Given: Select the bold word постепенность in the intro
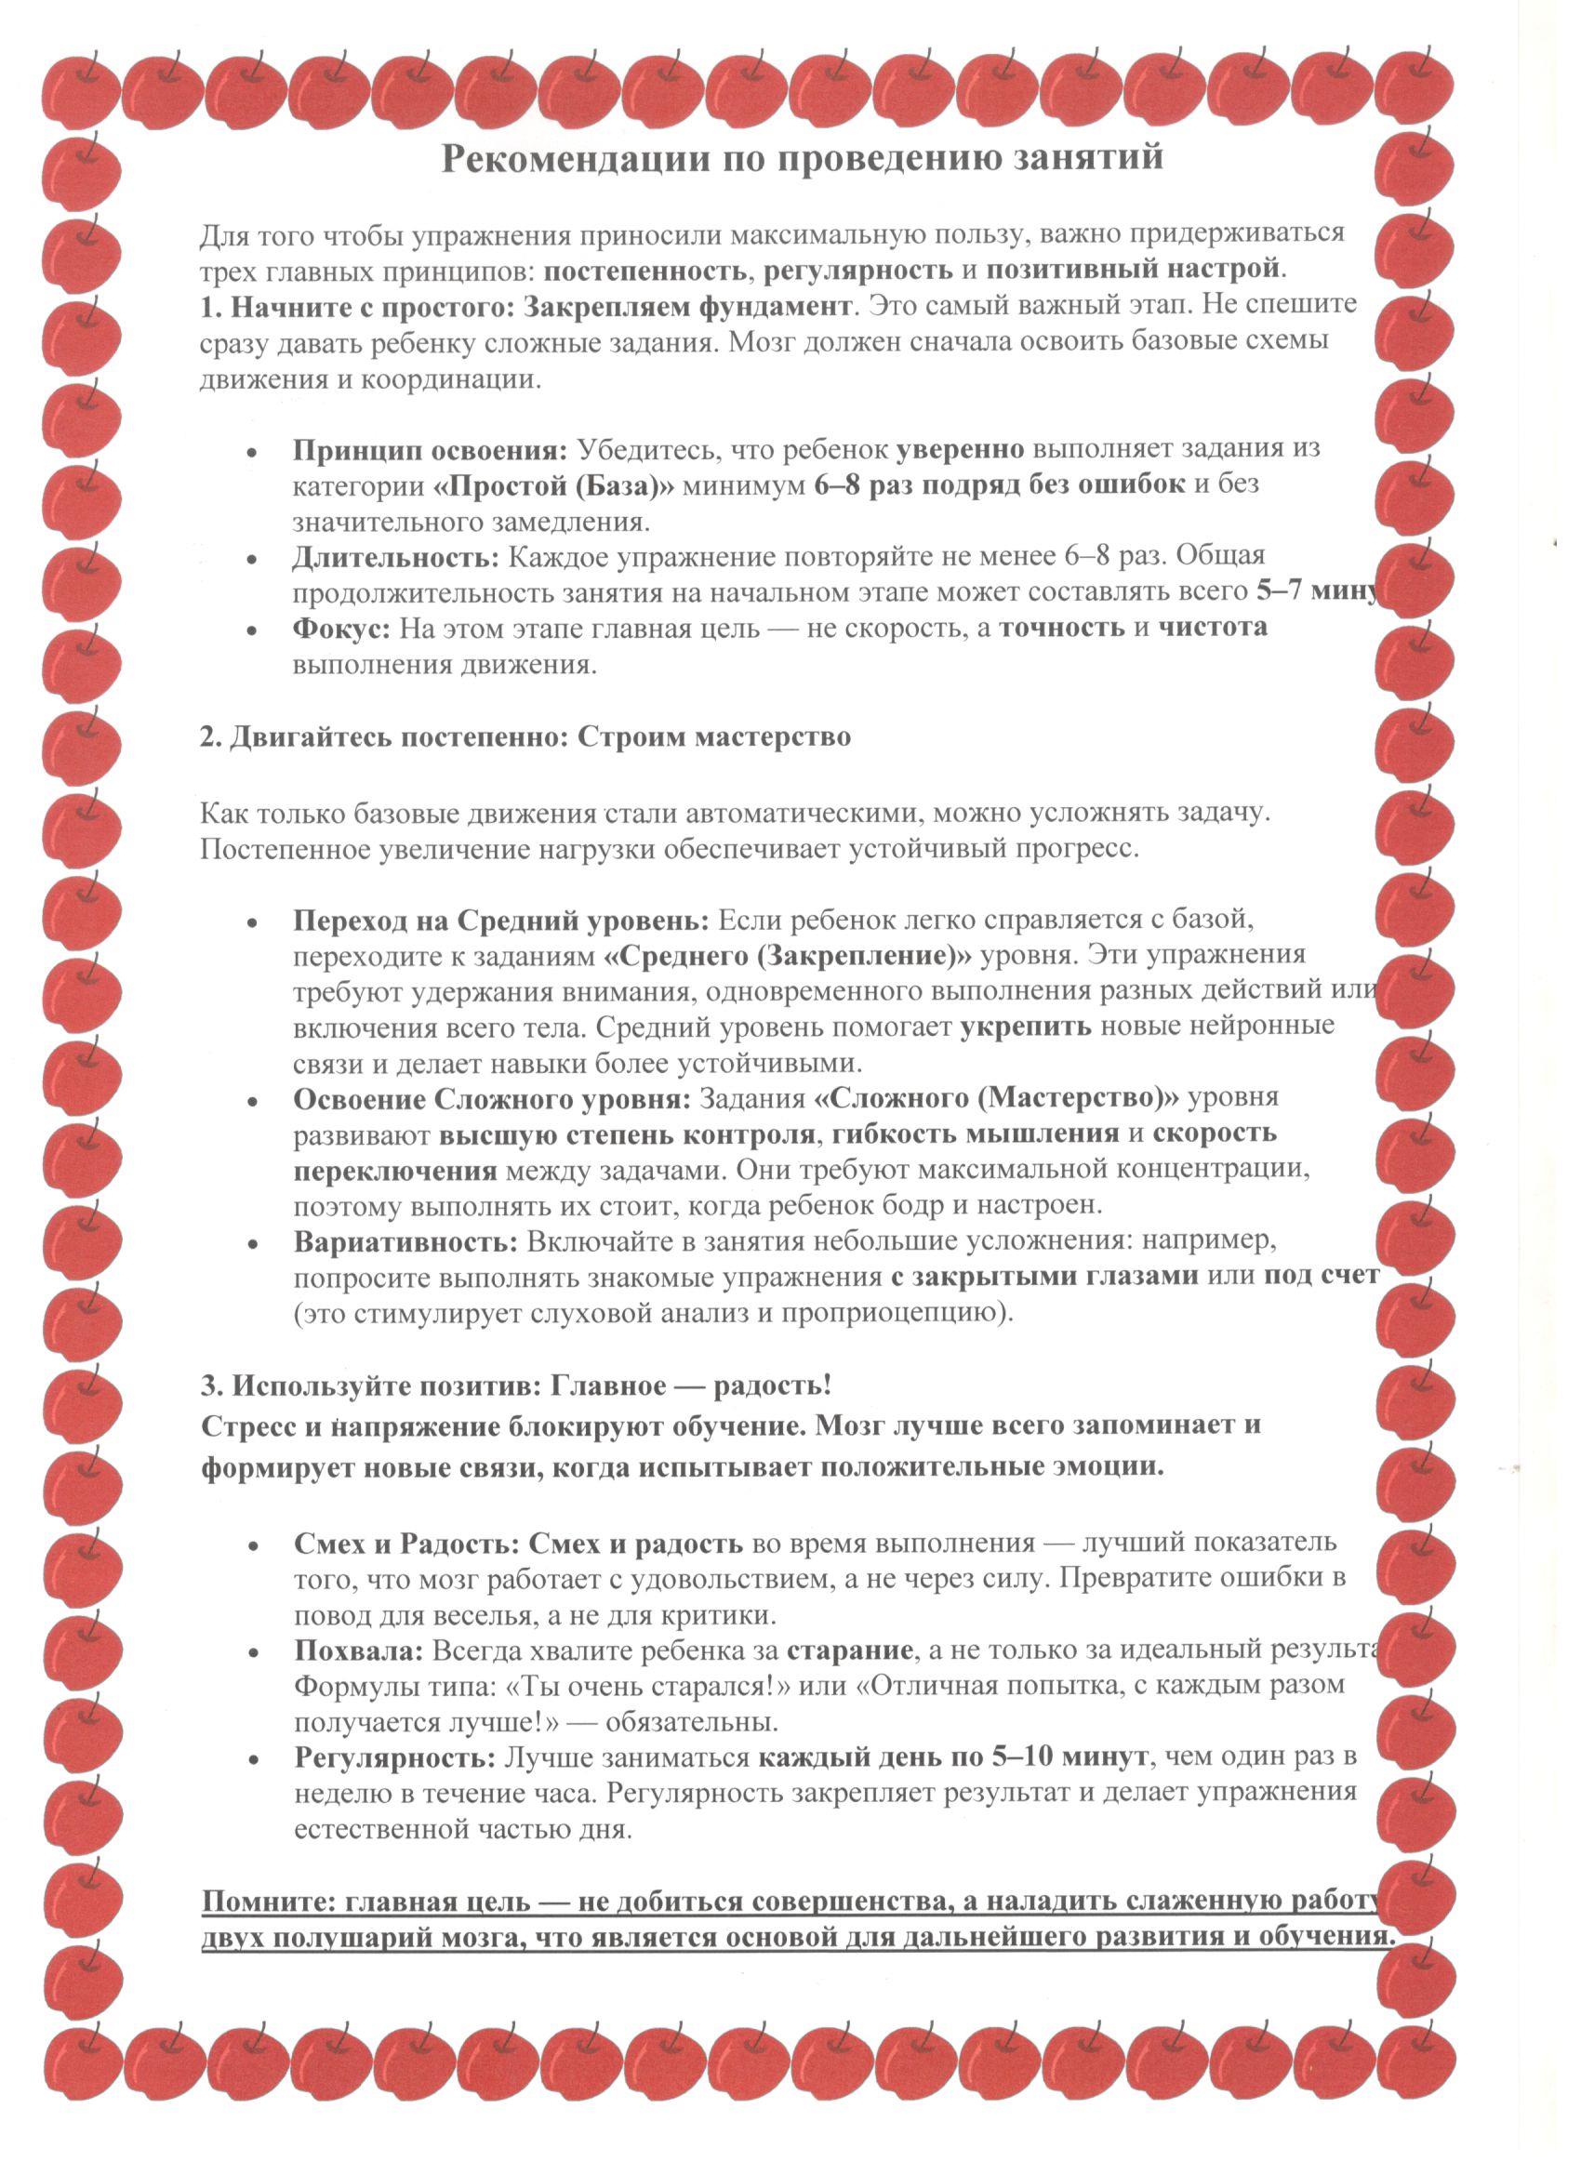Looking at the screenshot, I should (651, 271).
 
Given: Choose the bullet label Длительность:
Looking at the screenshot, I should (396, 557).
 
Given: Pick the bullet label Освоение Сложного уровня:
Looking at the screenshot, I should (492, 1098).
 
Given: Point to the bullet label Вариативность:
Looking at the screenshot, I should (405, 1242).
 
